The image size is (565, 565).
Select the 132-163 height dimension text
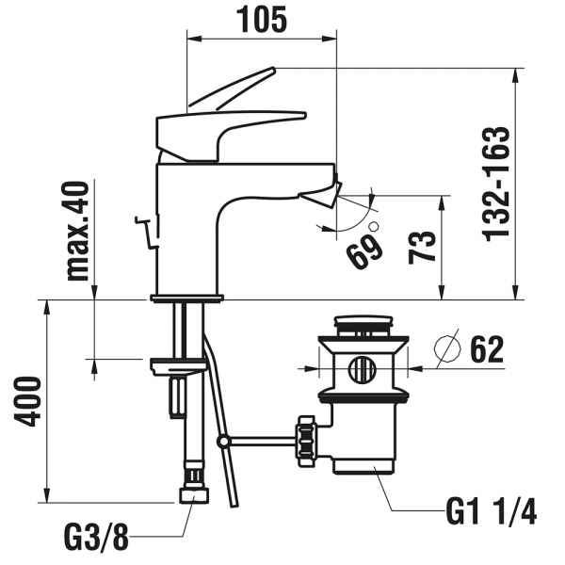click(x=498, y=185)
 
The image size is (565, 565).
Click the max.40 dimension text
click(x=80, y=232)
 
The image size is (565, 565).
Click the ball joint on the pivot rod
click(x=223, y=440)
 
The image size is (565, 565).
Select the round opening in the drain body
click(x=363, y=368)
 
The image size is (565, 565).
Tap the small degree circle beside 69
click(x=373, y=227)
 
